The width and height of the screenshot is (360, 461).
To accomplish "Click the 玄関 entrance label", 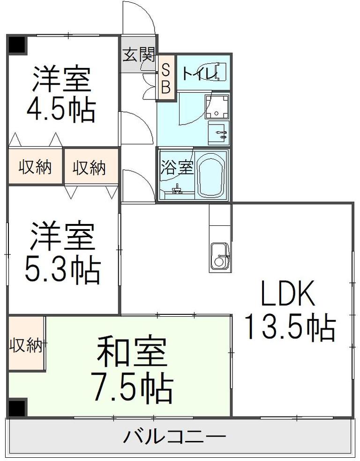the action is pyautogui.click(x=138, y=55).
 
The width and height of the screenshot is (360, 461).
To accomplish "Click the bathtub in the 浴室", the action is pyautogui.click(x=212, y=176).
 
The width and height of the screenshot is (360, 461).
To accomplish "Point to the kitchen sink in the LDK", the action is pyautogui.click(x=220, y=256).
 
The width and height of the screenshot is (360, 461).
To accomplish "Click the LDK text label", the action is pyautogui.click(x=288, y=293).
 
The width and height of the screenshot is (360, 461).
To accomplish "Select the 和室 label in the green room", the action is pyautogui.click(x=132, y=351).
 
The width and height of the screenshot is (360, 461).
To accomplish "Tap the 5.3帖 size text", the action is pyautogui.click(x=62, y=269).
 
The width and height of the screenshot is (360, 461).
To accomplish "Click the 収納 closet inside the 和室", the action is pyautogui.click(x=26, y=344).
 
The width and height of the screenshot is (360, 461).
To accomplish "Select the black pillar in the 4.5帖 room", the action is pyautogui.click(x=17, y=45).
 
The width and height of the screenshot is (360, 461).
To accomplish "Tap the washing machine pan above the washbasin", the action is pyautogui.click(x=217, y=107).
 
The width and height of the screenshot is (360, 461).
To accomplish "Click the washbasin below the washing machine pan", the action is pyautogui.click(x=218, y=133).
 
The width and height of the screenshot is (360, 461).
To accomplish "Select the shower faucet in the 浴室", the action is pyautogui.click(x=177, y=189).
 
